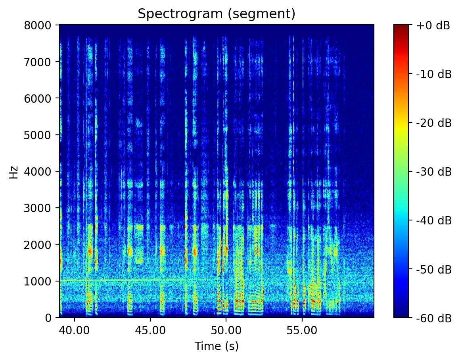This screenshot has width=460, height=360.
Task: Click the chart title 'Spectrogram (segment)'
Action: (x=217, y=14)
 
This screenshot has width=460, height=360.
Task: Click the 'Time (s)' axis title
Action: (x=217, y=346)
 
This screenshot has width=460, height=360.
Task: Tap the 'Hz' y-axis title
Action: (x=15, y=171)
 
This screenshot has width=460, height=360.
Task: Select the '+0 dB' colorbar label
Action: (x=433, y=26)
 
